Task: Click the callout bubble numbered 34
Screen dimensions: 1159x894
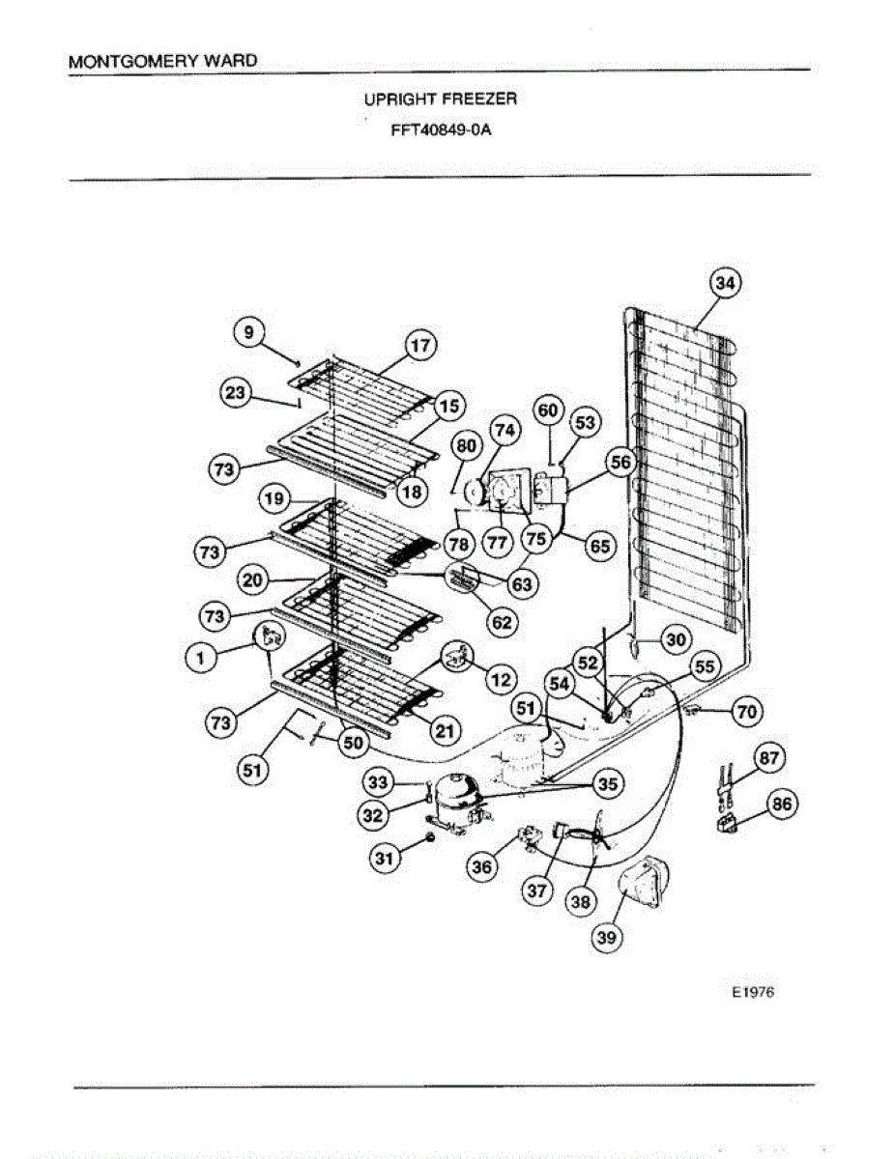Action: (x=726, y=283)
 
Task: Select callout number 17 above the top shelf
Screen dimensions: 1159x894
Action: (x=420, y=345)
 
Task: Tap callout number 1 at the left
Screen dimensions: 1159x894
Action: (x=200, y=656)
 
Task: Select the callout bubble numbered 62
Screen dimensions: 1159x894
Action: (x=502, y=621)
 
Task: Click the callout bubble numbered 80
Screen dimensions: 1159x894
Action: (x=467, y=446)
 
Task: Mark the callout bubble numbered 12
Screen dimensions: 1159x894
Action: (x=500, y=679)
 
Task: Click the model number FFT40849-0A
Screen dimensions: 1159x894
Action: (x=441, y=131)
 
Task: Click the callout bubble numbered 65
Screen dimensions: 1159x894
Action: (x=599, y=546)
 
